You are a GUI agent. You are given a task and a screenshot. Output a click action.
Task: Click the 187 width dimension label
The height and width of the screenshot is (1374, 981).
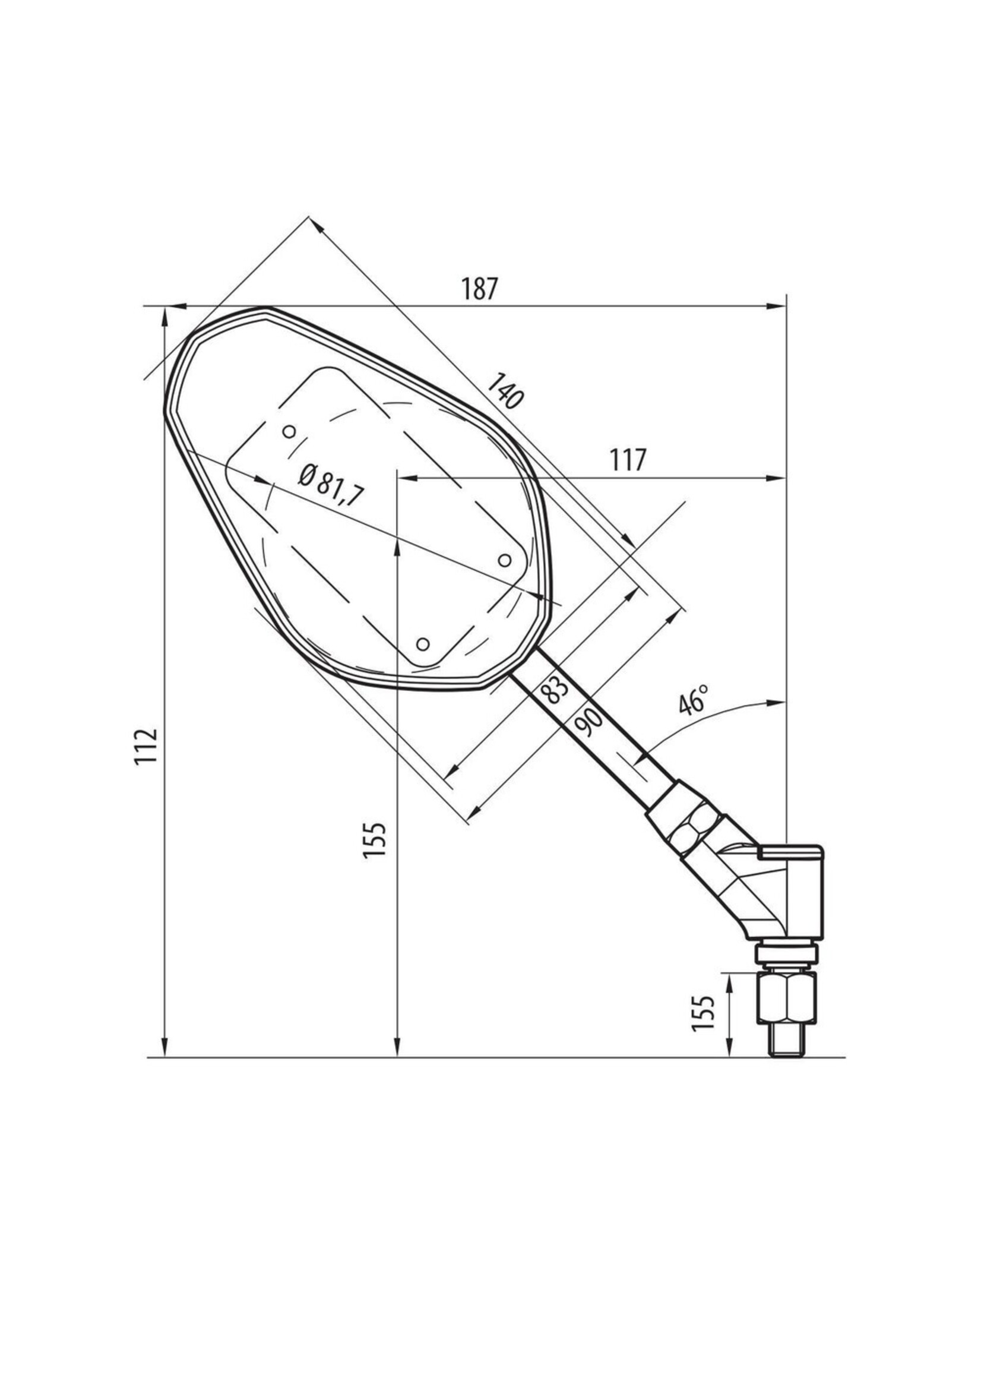coord(480,289)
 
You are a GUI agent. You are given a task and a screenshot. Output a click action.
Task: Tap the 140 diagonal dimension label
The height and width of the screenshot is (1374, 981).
coord(504,391)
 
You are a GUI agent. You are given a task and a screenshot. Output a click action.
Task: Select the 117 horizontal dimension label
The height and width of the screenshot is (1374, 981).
coord(628,460)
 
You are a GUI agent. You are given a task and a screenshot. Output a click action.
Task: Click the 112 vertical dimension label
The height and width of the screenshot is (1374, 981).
coord(146,747)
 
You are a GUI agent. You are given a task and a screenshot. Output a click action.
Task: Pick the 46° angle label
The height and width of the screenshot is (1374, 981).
coord(694,700)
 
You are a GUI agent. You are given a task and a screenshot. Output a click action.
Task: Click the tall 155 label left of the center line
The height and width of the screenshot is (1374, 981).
coord(374,841)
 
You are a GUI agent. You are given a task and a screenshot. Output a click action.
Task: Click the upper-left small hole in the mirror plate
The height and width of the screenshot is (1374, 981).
coord(289,431)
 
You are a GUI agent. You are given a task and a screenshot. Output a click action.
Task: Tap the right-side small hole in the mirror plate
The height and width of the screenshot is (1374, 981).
coord(504,560)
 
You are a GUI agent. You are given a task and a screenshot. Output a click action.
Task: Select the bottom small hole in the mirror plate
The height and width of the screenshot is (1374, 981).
coord(423,644)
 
